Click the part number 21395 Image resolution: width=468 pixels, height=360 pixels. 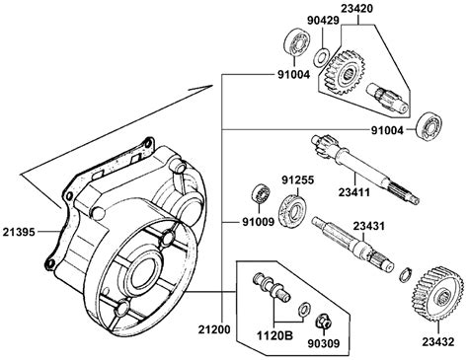19,232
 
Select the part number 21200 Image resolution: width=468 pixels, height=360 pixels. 214,329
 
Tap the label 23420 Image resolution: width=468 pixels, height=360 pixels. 357,8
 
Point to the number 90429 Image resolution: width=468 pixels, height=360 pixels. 323,21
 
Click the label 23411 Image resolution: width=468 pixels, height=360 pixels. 354,192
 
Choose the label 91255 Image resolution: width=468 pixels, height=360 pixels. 298,180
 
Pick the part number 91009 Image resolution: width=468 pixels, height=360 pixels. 259,222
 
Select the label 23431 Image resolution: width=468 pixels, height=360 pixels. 369,226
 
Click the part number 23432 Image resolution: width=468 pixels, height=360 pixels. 438,342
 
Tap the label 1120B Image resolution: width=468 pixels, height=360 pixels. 274,335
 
